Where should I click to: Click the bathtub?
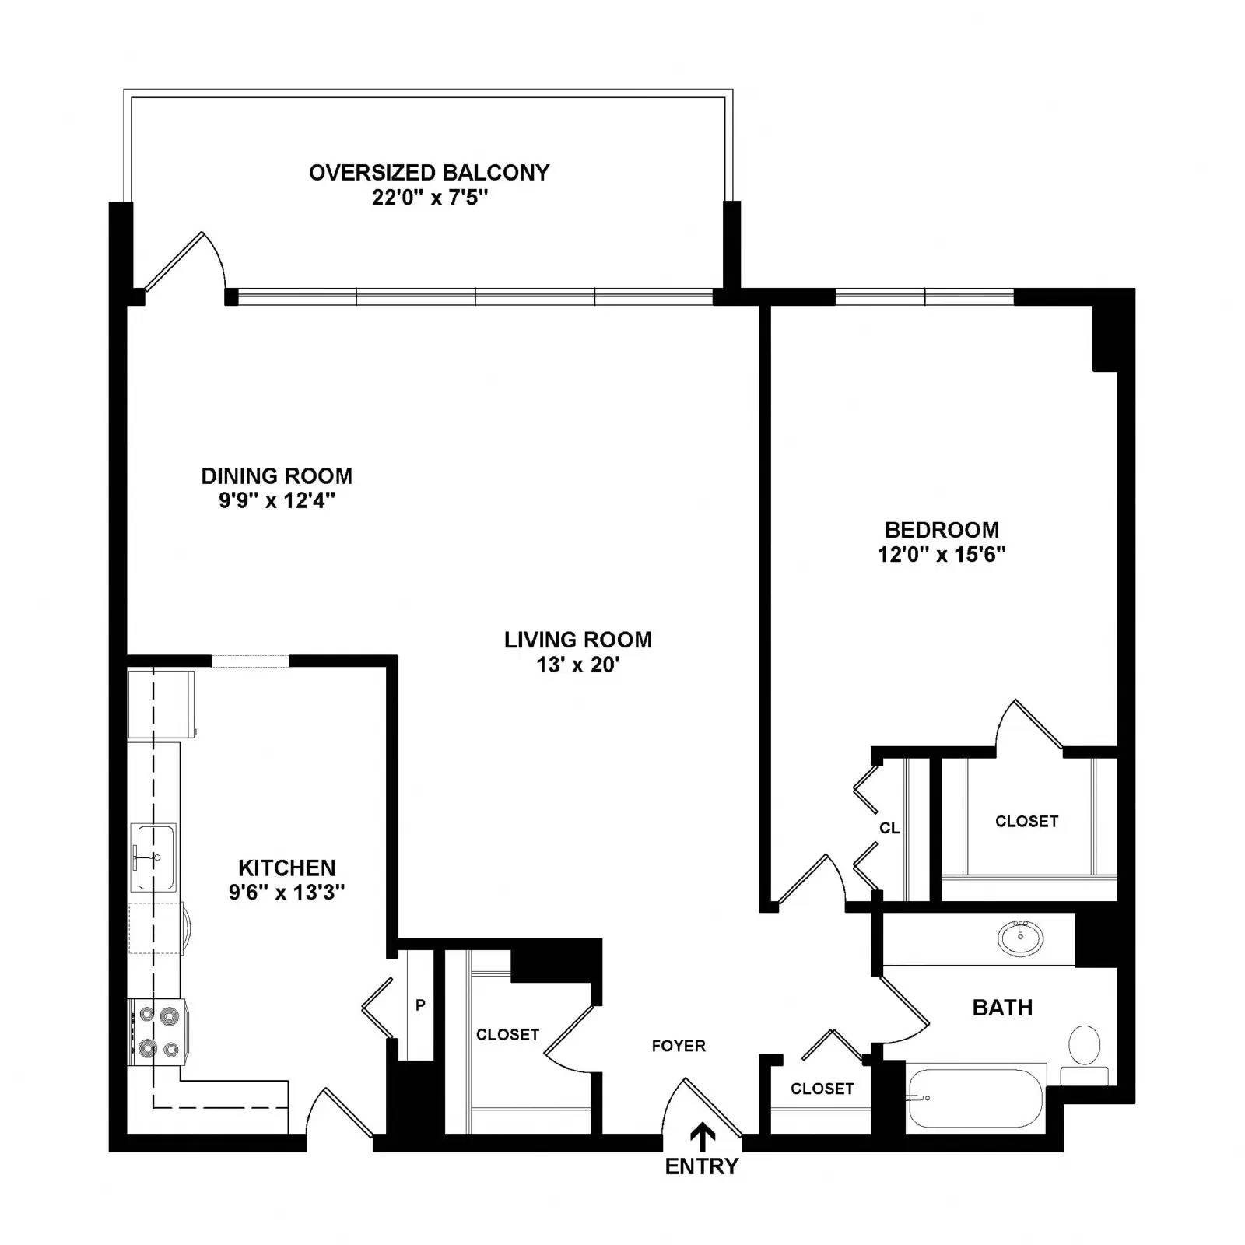(x=976, y=1098)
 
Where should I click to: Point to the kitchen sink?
(x=153, y=856)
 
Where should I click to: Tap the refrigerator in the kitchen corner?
(x=161, y=703)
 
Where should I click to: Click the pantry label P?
(x=420, y=1005)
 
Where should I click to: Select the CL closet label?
(x=889, y=828)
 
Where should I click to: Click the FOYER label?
(x=679, y=1046)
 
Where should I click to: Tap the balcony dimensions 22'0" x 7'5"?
(x=430, y=197)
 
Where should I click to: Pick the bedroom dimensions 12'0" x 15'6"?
(x=942, y=554)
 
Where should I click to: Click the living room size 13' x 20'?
(x=577, y=665)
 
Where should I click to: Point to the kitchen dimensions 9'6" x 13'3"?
(x=286, y=892)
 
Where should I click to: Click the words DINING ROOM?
(x=276, y=475)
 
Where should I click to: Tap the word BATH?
(x=1002, y=1008)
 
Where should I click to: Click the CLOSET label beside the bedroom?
(x=1026, y=821)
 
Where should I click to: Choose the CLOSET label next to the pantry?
(x=507, y=1034)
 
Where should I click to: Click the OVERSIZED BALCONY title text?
(x=430, y=172)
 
